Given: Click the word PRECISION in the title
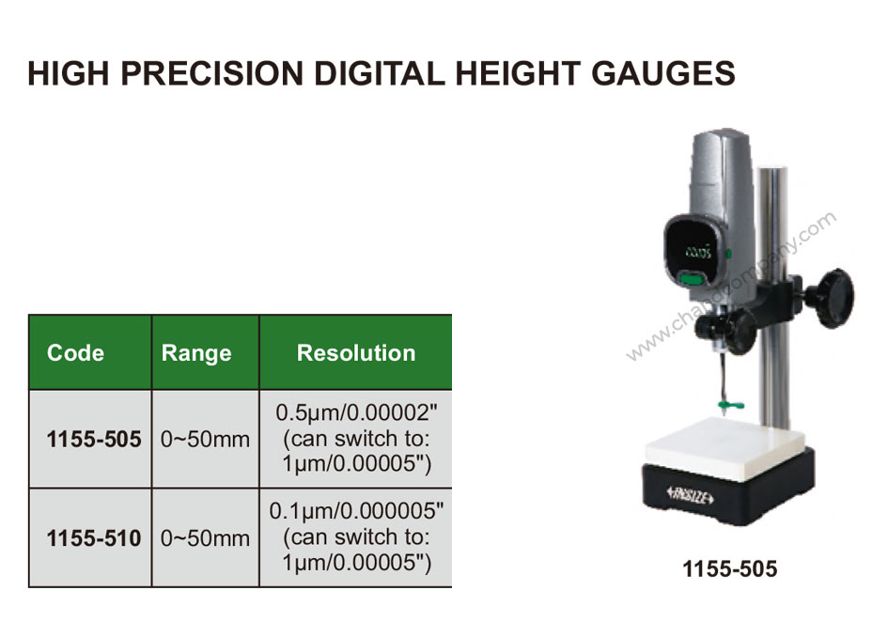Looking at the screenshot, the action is pyautogui.click(x=212, y=73).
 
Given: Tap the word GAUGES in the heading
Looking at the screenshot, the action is pyautogui.click(x=663, y=73).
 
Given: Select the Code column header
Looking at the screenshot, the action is pyautogui.click(x=75, y=352).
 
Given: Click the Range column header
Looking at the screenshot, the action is pyautogui.click(x=196, y=352).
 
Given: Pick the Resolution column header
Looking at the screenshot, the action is pyautogui.click(x=356, y=352).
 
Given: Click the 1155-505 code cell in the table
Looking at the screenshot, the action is pyautogui.click(x=94, y=439).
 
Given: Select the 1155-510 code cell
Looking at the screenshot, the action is pyautogui.click(x=94, y=538).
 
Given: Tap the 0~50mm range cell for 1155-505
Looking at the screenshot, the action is pyautogui.click(x=205, y=440).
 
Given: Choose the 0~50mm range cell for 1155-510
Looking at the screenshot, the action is pyautogui.click(x=205, y=538).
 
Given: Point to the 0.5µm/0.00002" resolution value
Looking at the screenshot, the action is pyautogui.click(x=357, y=412).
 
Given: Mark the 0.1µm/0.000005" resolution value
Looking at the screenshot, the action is pyautogui.click(x=357, y=511).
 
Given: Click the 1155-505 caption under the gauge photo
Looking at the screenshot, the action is pyautogui.click(x=730, y=569).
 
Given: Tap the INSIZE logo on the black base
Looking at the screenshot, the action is pyautogui.click(x=691, y=495).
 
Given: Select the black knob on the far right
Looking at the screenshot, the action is pyautogui.click(x=833, y=299).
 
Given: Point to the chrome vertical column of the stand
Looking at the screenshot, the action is pyautogui.click(x=773, y=294).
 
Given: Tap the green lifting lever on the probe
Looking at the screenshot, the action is pyautogui.click(x=730, y=404).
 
